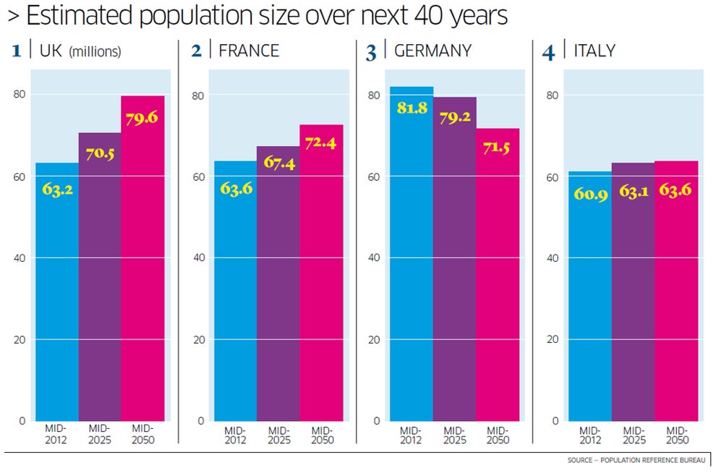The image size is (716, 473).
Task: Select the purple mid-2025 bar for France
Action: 278,289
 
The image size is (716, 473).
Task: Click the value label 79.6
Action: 141,118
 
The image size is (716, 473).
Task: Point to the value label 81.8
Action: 411,109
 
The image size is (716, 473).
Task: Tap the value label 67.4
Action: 277,164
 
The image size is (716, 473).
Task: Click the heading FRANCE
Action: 248,51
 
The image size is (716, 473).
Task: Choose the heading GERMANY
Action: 432,51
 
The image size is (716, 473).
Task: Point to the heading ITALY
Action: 594,51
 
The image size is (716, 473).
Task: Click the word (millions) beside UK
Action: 95,52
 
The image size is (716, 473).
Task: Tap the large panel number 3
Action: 371,53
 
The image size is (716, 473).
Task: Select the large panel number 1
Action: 17,51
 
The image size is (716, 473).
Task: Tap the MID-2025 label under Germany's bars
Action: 454,435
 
